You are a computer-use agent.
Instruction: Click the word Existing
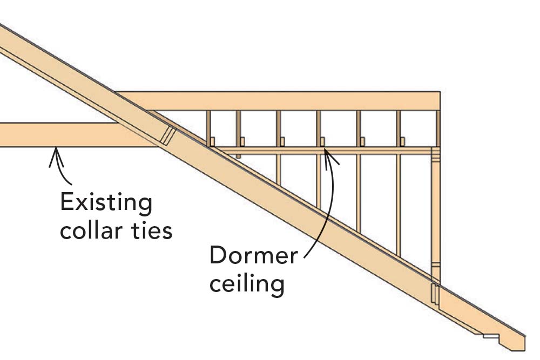(106, 204)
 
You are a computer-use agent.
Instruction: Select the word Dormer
(253, 255)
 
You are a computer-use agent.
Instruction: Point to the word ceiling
(247, 282)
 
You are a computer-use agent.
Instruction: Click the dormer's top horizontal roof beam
(281, 101)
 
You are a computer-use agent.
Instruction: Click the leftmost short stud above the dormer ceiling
(208, 127)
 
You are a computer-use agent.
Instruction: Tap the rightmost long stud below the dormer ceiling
(399, 205)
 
